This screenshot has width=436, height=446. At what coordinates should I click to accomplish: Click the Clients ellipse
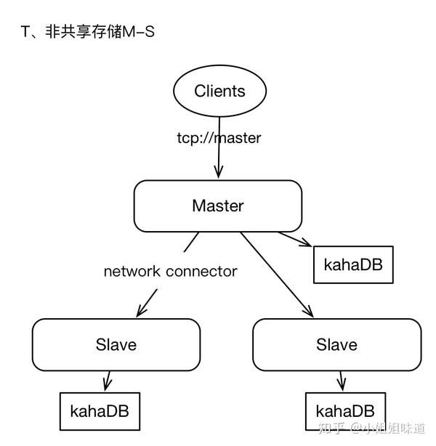(x=219, y=92)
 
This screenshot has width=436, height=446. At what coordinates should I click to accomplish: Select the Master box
(x=217, y=206)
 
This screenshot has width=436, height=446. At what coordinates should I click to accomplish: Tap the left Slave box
(x=116, y=344)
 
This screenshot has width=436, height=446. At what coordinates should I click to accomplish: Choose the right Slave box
(x=336, y=344)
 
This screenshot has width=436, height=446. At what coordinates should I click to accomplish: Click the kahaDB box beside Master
(x=353, y=265)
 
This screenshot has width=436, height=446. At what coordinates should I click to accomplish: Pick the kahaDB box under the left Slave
(x=100, y=410)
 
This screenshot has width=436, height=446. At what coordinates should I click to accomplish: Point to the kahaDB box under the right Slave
(x=345, y=411)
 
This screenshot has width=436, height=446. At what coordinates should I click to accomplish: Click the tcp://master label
(x=219, y=137)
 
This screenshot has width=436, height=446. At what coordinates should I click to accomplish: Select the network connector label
(x=170, y=272)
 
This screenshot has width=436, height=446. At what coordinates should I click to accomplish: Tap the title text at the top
(x=88, y=33)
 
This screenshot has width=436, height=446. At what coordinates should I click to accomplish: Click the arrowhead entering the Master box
(x=218, y=173)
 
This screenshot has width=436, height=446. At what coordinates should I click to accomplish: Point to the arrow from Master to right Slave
(x=277, y=275)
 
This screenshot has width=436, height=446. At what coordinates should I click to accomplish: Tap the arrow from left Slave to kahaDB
(x=108, y=381)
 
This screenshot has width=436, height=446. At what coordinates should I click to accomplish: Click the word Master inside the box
(x=217, y=206)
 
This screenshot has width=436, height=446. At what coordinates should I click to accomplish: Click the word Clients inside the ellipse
(x=219, y=92)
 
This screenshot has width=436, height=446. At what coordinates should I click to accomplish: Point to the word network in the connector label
(x=132, y=272)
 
